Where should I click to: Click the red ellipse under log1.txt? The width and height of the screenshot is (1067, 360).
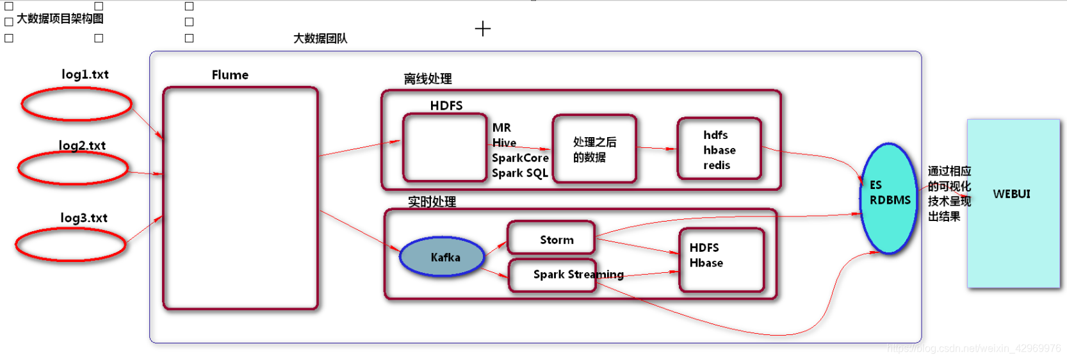point(77,104)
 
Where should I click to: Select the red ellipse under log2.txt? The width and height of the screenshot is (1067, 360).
point(73,168)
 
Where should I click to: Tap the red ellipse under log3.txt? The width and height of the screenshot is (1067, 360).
point(70,245)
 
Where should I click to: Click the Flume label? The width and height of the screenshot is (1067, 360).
point(230,75)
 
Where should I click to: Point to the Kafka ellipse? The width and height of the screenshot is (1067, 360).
point(443,257)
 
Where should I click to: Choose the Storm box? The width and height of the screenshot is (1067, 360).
point(551,238)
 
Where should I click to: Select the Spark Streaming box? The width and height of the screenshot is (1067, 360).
point(553,275)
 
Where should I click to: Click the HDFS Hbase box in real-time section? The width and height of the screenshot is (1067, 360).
point(722,259)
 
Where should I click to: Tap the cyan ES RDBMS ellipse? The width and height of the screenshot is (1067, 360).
point(889,198)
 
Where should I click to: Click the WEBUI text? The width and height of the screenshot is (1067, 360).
point(1011,194)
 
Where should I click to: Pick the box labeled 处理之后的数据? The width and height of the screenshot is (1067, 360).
point(594,149)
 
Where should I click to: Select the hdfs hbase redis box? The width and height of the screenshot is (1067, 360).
point(719,149)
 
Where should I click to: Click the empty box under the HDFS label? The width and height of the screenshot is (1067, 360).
point(444,148)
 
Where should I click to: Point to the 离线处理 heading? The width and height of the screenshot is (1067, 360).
point(427,79)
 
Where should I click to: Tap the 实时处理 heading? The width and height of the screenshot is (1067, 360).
point(432,202)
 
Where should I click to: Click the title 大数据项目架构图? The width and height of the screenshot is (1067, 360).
point(60,19)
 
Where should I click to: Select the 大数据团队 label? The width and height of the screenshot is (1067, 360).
point(320,38)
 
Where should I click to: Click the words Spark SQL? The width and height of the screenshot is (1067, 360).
point(519,173)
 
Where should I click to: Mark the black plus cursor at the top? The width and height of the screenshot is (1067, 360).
point(483,29)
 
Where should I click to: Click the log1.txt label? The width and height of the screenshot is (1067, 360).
point(85,74)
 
